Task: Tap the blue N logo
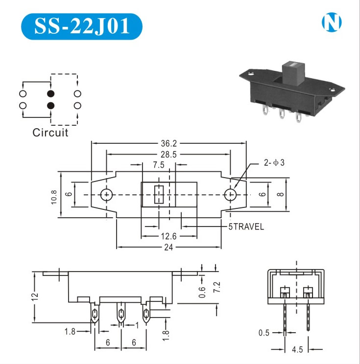[332, 22]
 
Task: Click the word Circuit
[50, 132]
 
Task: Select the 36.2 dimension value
[168, 143]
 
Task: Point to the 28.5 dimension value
[168, 154]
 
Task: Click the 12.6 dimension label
[168, 236]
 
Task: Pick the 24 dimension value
[168, 247]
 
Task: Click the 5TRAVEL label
[246, 227]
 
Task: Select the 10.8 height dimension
[54, 197]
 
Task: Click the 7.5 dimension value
[158, 165]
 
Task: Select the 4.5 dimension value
[297, 349]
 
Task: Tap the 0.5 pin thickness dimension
[264, 333]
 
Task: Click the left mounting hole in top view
[106, 195]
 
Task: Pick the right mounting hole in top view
[230, 195]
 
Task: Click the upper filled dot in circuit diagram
[50, 93]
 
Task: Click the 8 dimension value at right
[280, 195]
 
